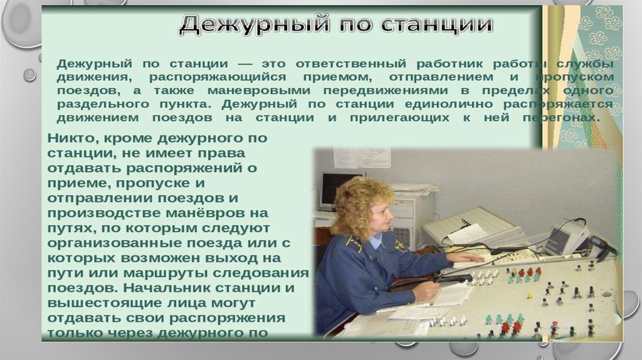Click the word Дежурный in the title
tap(254, 24)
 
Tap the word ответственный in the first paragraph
tap(351, 65)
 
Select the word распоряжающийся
tap(218, 78)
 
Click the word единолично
tap(448, 105)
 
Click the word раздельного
tap(103, 105)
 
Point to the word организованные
tap(115, 243)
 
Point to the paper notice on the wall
tap(362, 157)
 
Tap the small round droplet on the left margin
tap(29, 75)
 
